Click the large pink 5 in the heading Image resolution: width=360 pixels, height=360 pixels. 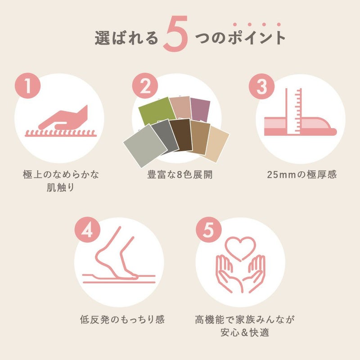(175, 34)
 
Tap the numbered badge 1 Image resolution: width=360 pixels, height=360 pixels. (28, 85)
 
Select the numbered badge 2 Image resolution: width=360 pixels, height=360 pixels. (145, 85)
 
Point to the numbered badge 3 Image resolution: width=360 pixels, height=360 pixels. (262, 86)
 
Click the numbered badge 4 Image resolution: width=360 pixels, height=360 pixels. (87, 229)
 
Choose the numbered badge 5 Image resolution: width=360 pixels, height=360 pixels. (209, 229)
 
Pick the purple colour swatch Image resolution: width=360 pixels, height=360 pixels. (200, 110)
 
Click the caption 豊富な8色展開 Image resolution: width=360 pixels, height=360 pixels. (180, 175)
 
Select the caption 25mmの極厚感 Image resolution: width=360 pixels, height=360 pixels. (301, 175)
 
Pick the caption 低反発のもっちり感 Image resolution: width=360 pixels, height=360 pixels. (122, 319)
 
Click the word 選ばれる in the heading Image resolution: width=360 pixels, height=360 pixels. (126, 38)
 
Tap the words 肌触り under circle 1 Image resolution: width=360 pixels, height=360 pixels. (61, 188)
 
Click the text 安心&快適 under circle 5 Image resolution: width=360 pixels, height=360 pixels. (245, 333)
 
